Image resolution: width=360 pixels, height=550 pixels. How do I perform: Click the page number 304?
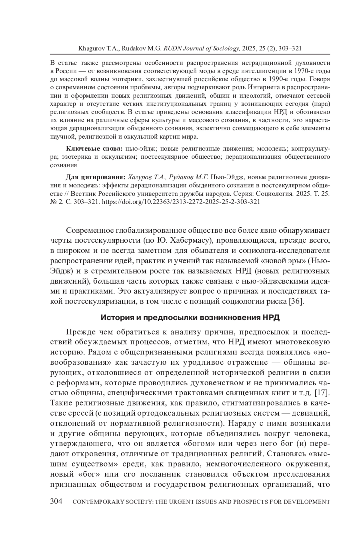56,502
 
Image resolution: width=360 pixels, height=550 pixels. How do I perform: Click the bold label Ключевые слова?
94,149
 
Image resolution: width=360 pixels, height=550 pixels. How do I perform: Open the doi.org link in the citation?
181,202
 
